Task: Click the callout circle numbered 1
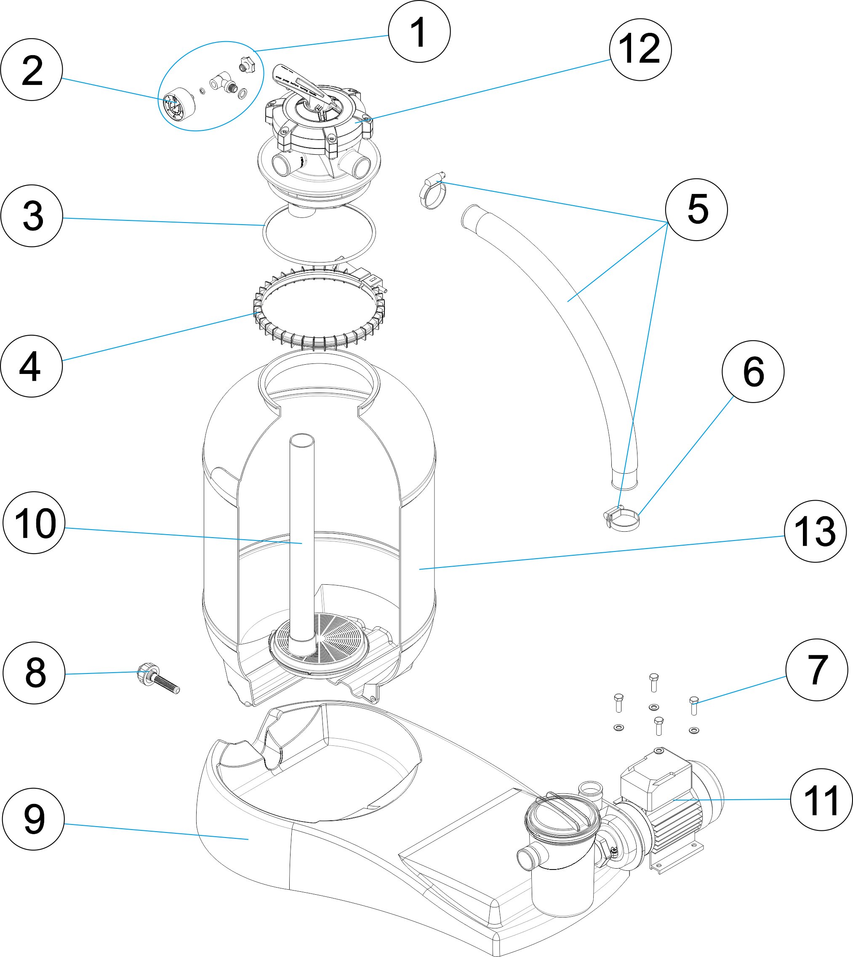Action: tap(419, 32)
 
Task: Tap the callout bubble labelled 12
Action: tap(640, 49)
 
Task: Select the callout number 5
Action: tap(696, 209)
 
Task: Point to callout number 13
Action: tap(815, 531)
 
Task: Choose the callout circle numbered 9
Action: tap(33, 819)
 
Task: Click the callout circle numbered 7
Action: tap(816, 670)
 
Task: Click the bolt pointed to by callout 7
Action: tap(694, 705)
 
